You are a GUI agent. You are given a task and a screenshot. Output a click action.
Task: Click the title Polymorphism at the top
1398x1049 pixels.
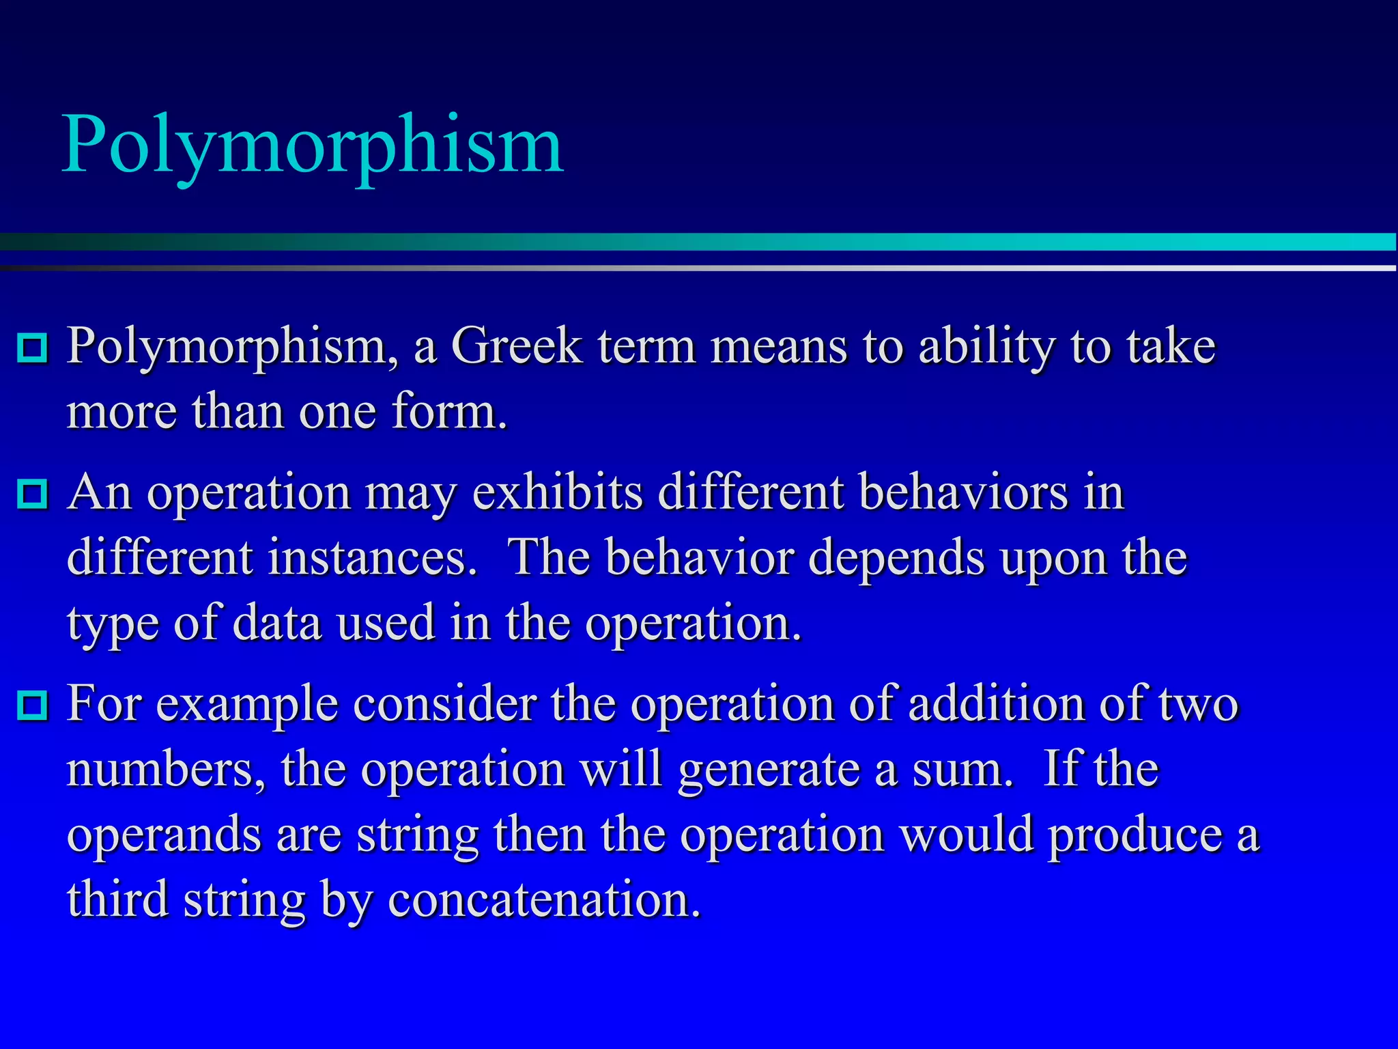[313, 145]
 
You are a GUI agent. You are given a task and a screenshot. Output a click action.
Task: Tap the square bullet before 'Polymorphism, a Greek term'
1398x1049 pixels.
[32, 348]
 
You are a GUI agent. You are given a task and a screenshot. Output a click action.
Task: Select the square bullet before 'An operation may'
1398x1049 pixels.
[32, 494]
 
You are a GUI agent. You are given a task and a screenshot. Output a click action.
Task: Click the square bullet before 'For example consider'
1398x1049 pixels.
[32, 705]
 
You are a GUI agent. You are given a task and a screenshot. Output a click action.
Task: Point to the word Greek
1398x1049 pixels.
[517, 346]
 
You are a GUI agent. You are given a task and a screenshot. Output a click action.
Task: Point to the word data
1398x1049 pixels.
[277, 623]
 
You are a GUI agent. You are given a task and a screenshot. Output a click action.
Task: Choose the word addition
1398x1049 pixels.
[996, 703]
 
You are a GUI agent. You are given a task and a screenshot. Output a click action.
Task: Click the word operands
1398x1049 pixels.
[164, 836]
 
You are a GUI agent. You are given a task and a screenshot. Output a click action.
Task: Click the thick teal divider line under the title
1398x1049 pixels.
[699, 242]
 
